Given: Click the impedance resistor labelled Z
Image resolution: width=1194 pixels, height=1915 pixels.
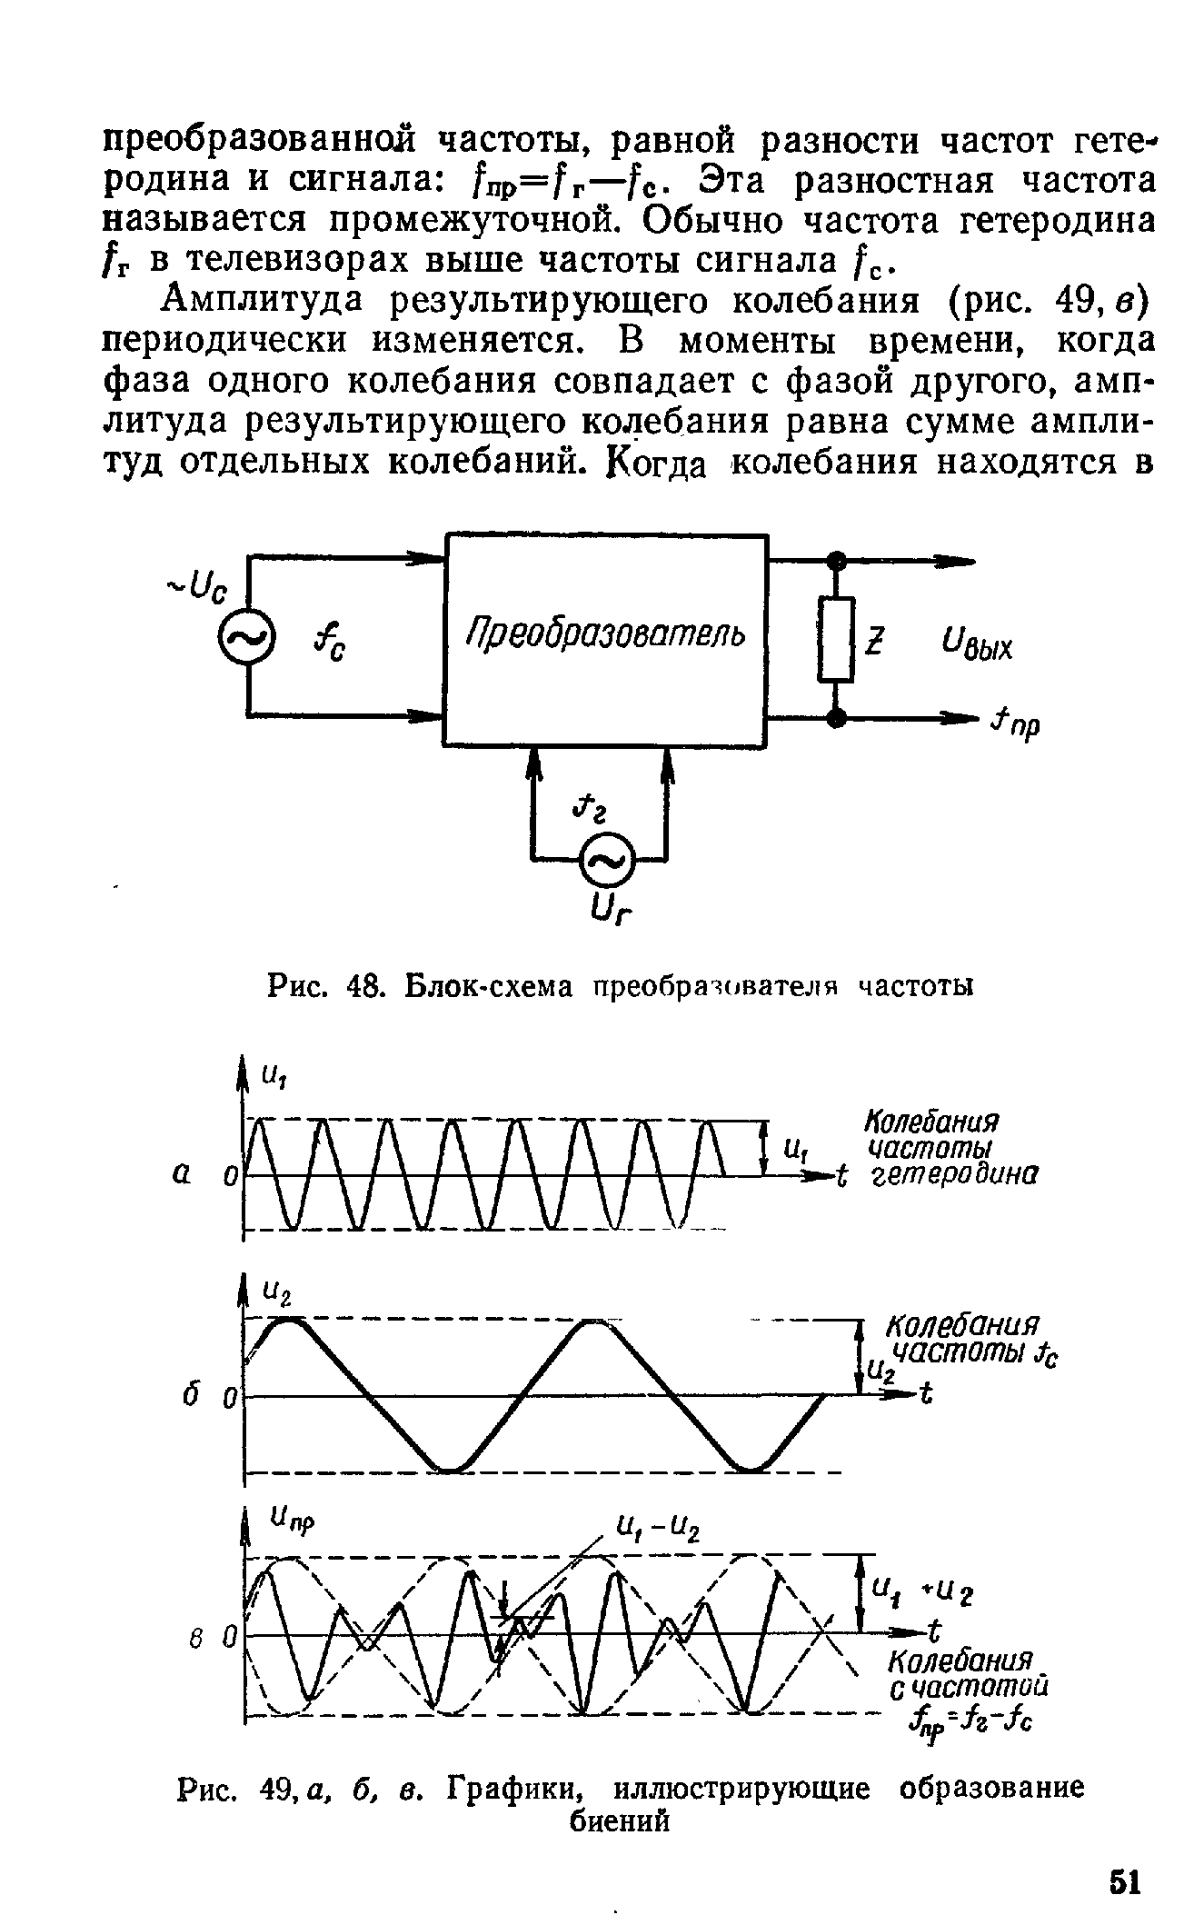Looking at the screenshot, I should click(x=836, y=639).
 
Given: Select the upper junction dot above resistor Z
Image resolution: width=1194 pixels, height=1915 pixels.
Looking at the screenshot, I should click(x=836, y=561).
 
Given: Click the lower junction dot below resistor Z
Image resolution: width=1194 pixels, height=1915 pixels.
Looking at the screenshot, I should click(x=836, y=718).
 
